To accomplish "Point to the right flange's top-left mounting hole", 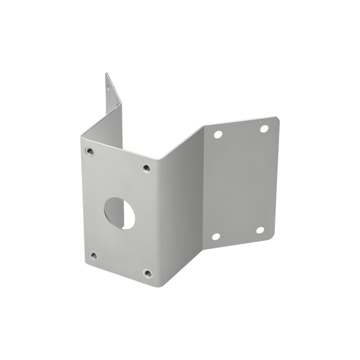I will coord(217,134).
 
